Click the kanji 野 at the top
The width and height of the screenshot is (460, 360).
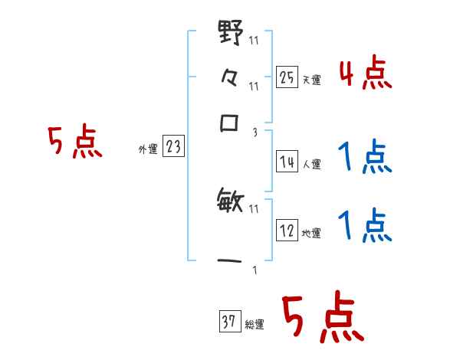coord(231,34)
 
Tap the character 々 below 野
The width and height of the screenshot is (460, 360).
coord(231,78)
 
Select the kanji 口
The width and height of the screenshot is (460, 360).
coord(231,123)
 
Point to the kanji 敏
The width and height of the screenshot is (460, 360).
coord(231,202)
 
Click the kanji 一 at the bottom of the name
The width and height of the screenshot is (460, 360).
coord(231,260)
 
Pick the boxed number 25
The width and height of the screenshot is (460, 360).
coord(287,77)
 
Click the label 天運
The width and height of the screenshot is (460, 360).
coord(311,80)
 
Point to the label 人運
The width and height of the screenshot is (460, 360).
coord(311,164)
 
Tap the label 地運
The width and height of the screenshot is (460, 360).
coord(311,233)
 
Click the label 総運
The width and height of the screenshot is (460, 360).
coord(255,326)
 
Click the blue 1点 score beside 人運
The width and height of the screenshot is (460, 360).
coord(364,159)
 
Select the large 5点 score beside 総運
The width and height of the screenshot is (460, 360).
coord(322,319)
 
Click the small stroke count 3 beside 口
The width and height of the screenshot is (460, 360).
coord(254,132)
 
